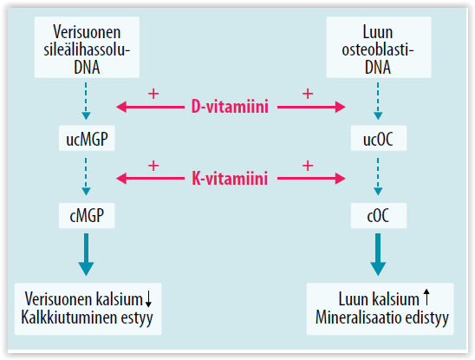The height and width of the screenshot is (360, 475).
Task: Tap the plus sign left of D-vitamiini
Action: pos(153,93)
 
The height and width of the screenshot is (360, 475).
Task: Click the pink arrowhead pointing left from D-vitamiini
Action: pos(121,108)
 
